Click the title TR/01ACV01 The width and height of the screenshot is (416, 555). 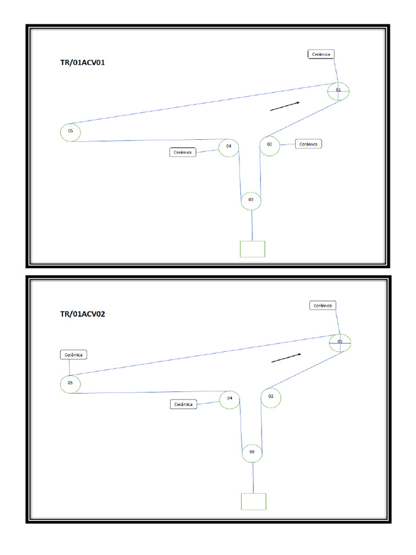tap(82, 62)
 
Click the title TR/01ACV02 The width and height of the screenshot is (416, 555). tap(82, 314)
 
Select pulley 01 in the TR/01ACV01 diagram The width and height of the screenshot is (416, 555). tap(339, 91)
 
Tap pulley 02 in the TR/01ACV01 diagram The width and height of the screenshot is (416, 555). tap(270, 145)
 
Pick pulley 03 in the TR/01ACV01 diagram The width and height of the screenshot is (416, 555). tap(251, 200)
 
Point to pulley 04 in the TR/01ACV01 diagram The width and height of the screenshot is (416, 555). tap(229, 146)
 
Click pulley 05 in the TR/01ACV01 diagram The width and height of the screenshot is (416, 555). tap(70, 132)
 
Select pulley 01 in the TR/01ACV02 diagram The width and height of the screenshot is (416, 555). tap(341, 343)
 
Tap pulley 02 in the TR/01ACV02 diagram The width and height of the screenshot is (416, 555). tap(271, 397)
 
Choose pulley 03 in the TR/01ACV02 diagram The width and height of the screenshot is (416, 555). tap(252, 452)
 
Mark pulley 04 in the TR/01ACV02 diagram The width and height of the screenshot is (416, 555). tap(230, 399)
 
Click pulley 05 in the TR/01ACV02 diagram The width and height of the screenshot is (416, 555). tap(70, 383)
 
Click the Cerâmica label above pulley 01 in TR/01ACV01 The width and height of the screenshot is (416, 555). tap(321, 54)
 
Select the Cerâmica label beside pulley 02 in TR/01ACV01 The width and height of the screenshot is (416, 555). tap(309, 144)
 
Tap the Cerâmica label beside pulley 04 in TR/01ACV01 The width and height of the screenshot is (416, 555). tap(183, 153)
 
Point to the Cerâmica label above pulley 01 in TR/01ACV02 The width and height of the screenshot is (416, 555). tap(323, 306)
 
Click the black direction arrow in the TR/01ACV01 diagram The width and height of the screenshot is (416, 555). tap(285, 106)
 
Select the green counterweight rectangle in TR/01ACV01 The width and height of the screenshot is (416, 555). tap(252, 249)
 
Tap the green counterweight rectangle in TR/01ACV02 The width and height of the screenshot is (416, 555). tap(253, 501)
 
